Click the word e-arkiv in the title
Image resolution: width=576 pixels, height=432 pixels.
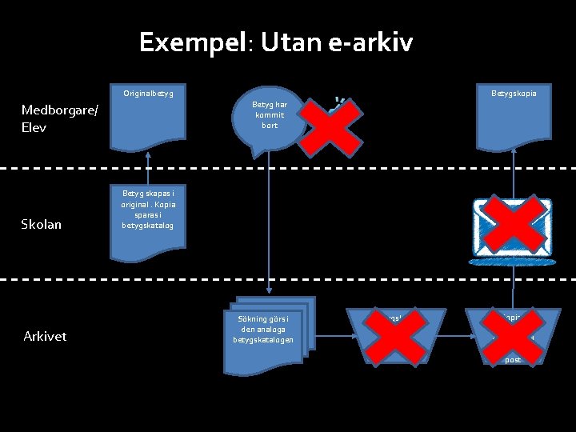pyautogui.click(x=370, y=42)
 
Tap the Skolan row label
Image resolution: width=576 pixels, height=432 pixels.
pyautogui.click(x=42, y=224)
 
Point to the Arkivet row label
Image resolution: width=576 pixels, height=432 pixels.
pyautogui.click(x=45, y=336)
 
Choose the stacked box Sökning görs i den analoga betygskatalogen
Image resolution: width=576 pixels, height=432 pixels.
pyautogui.click(x=265, y=336)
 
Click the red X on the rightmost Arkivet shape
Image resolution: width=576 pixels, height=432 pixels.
pyautogui.click(x=512, y=334)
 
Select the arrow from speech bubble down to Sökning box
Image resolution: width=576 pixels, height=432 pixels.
pyautogui.click(x=269, y=232)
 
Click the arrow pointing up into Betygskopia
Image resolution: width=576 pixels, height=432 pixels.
pyautogui.click(x=514, y=172)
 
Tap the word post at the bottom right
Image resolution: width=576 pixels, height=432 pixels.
pyautogui.click(x=513, y=360)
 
